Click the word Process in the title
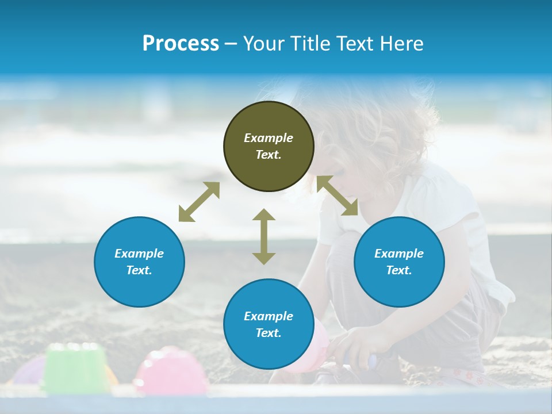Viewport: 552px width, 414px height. tap(181, 44)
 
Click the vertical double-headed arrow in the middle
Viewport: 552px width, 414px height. tap(264, 236)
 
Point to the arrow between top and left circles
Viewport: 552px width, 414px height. tap(199, 202)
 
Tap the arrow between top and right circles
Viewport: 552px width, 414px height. tap(337, 195)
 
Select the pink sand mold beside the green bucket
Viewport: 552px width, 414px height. tap(171, 371)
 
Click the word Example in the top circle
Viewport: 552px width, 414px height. tap(269, 138)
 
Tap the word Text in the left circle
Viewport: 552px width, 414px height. tap(139, 270)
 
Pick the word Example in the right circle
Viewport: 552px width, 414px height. tap(399, 254)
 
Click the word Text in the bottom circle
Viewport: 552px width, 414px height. tap(269, 333)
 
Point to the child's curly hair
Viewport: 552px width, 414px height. tap(379, 126)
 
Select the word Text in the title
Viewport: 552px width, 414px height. tap(355, 44)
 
